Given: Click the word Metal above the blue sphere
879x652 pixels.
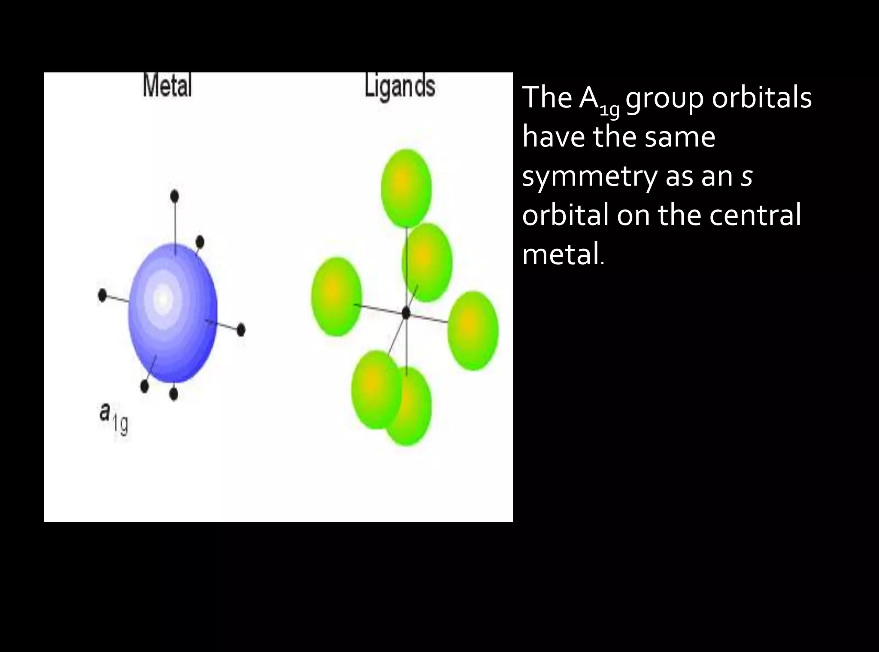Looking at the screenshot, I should (x=167, y=86).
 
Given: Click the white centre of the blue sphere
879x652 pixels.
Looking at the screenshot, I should (x=162, y=298).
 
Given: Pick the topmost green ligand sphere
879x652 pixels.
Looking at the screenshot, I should (x=406, y=188).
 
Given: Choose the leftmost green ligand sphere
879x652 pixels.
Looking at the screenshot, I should (x=336, y=296).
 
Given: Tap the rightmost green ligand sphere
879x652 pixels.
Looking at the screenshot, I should (x=473, y=330).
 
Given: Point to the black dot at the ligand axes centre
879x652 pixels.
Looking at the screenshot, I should (x=406, y=313).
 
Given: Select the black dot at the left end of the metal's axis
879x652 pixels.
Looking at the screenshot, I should (x=102, y=296).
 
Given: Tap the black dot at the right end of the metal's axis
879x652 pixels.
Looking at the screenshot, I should (x=241, y=330).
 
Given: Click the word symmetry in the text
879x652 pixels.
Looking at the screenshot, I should (x=589, y=177).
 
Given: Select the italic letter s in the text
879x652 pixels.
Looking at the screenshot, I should (x=746, y=177).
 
